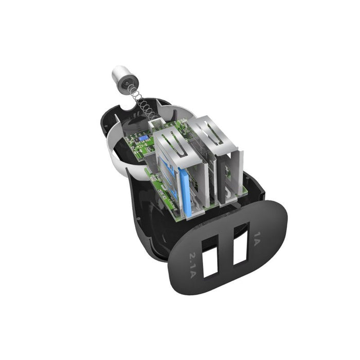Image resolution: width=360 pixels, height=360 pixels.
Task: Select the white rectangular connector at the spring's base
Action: (x=155, y=124)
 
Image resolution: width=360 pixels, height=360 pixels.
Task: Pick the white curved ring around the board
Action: (x=115, y=149)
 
